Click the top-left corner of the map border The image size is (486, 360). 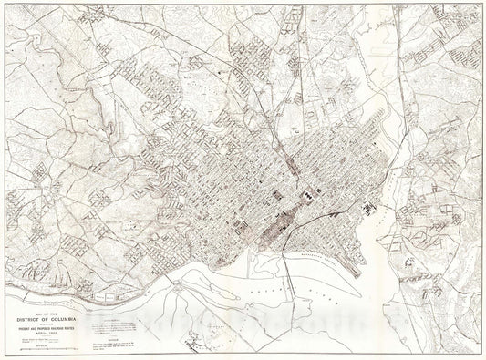click(x=4, y=4)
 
